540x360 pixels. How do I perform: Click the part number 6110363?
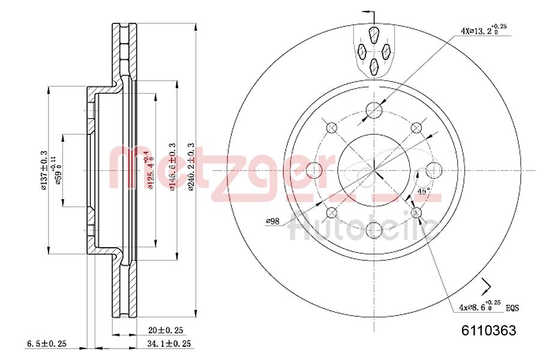coord(488,331)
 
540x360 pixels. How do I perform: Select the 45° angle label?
coord(423,191)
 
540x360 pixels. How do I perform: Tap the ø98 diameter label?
coord(273,221)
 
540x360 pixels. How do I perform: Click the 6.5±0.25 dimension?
coord(47,344)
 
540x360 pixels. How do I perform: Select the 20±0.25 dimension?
coord(166,330)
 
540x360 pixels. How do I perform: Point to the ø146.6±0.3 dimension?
coord(172,167)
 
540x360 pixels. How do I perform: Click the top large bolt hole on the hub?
coord(374,110)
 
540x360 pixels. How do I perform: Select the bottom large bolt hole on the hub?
coord(374,230)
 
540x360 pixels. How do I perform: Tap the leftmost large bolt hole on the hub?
coord(314,170)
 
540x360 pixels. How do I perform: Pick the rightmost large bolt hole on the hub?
coord(433,170)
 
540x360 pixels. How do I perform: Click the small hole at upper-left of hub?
coord(331,127)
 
